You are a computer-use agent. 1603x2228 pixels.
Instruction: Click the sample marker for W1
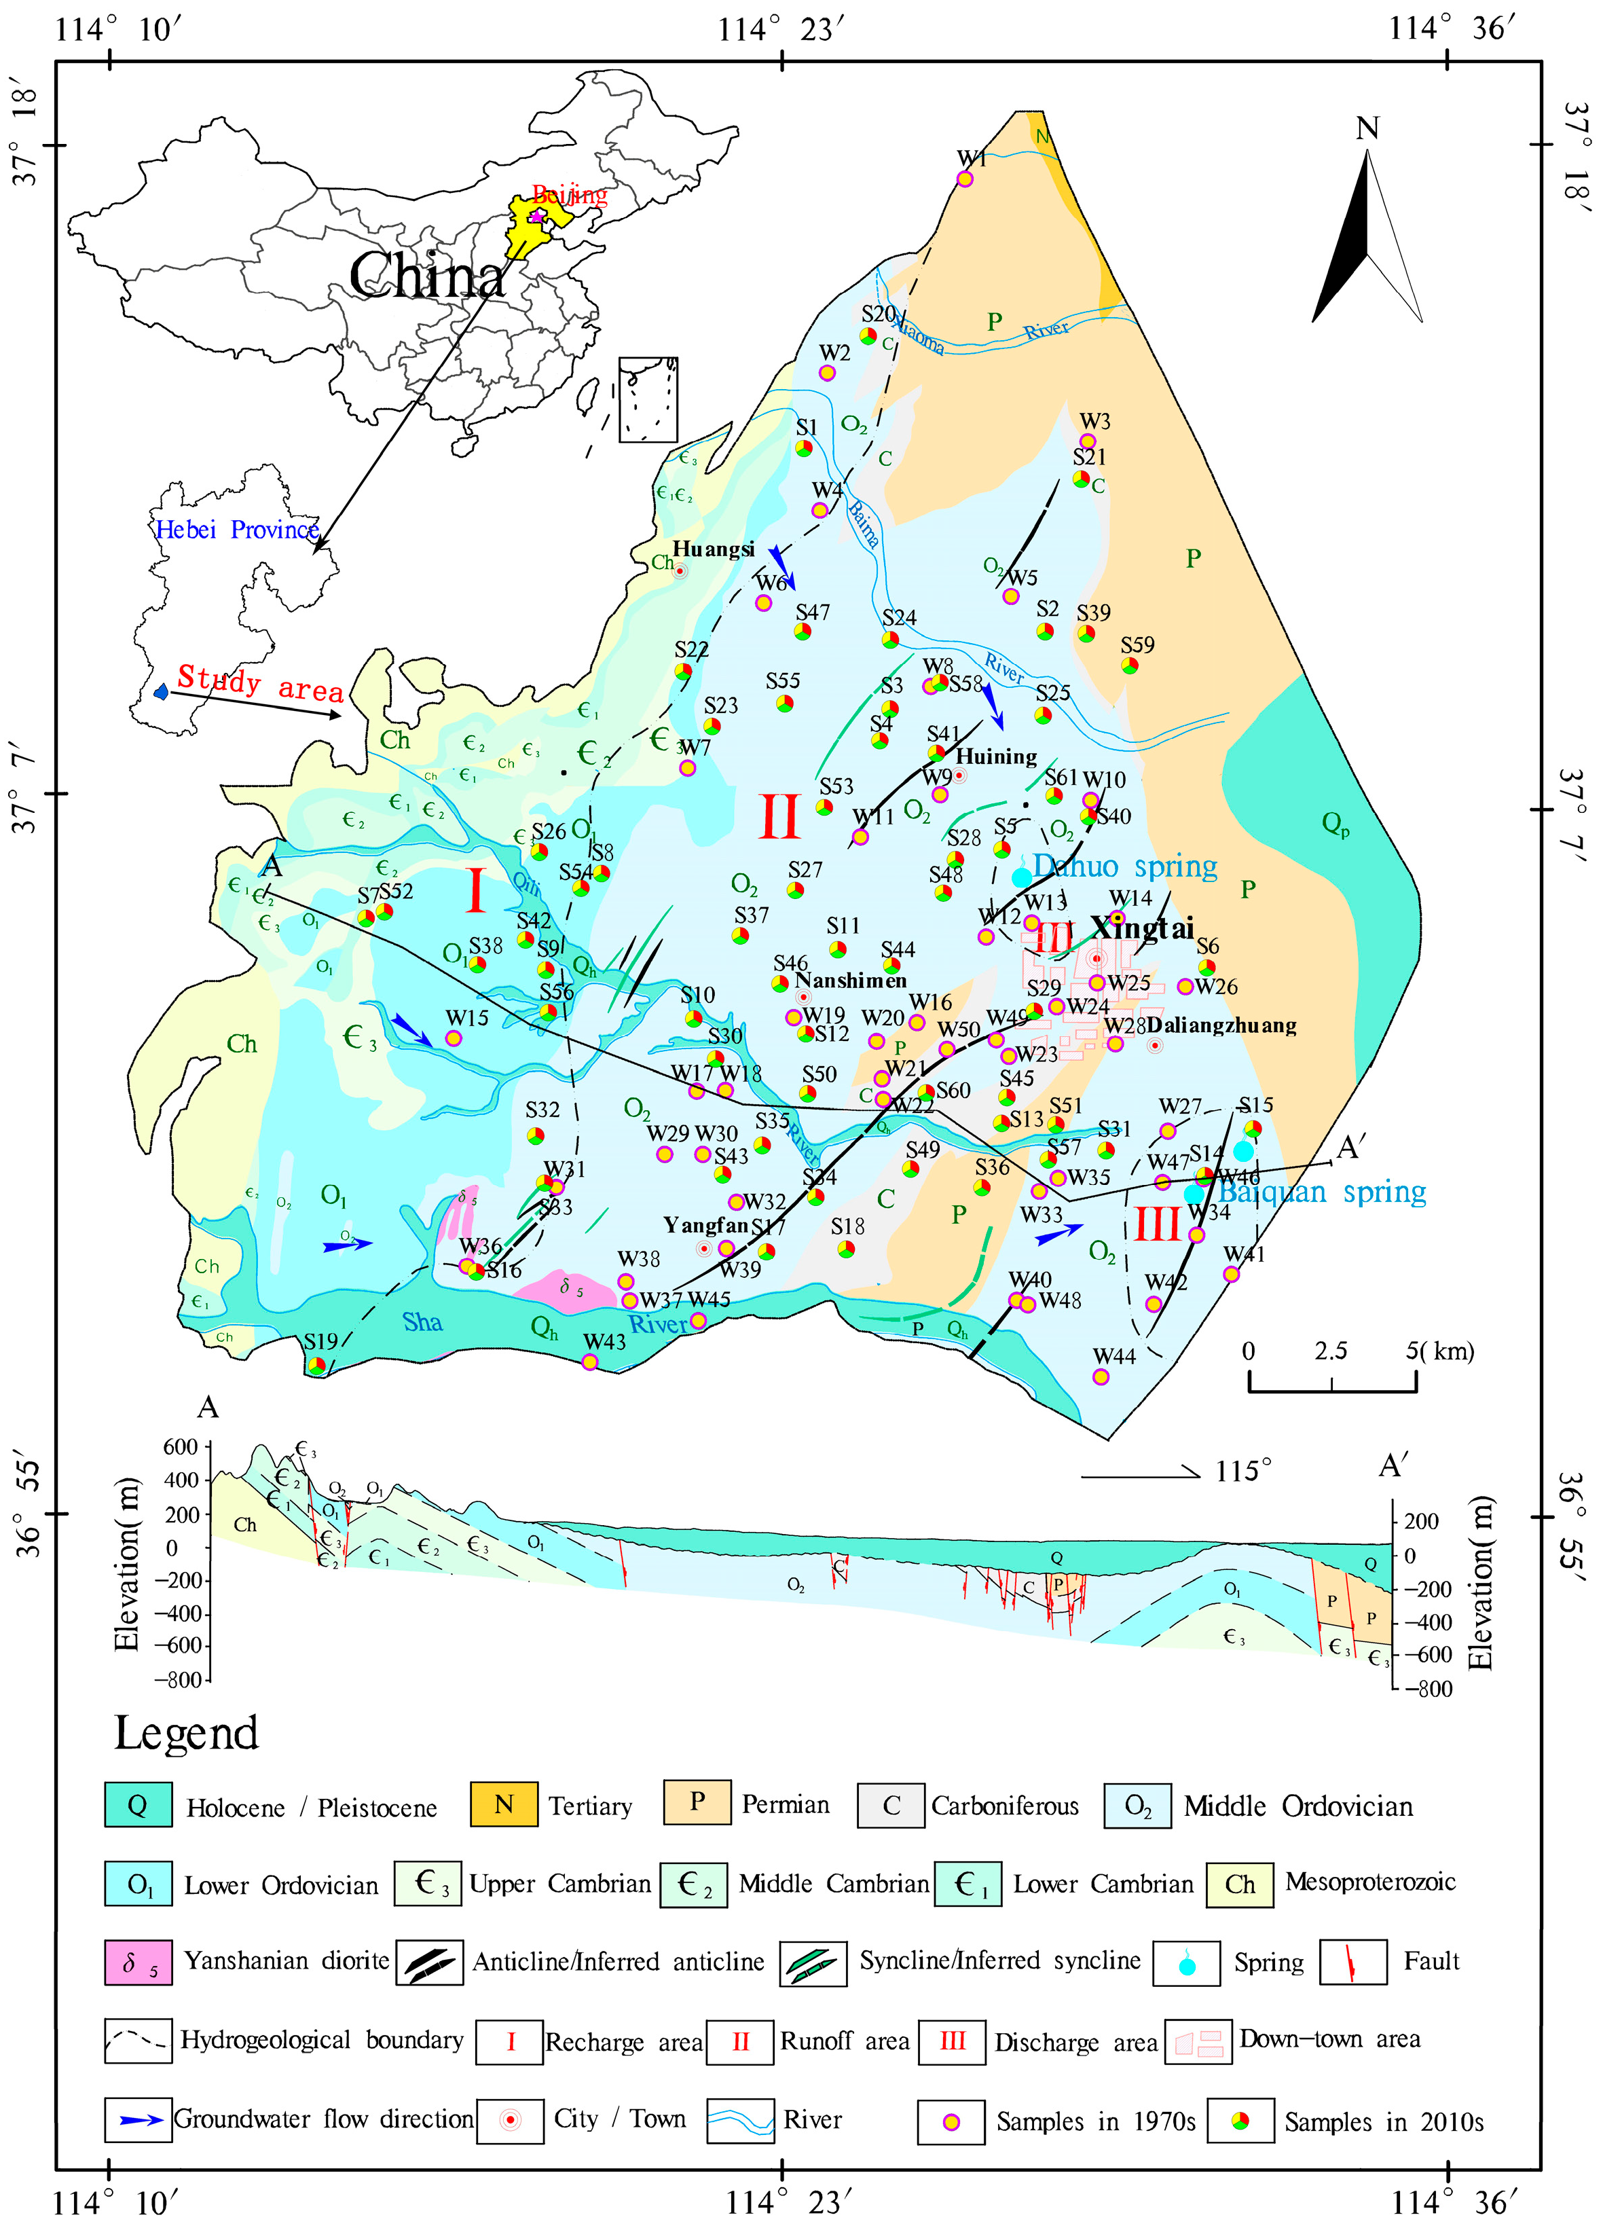click(965, 179)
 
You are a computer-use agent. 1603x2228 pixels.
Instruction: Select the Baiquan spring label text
click(1322, 1192)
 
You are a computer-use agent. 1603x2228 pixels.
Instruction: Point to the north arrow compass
click(1367, 236)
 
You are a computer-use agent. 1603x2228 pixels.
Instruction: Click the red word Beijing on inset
click(570, 194)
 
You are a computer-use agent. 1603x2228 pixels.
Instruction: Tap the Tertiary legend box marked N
click(504, 1804)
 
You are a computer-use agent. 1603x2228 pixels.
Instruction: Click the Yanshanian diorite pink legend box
click(139, 1962)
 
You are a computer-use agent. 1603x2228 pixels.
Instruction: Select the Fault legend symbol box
click(1354, 1962)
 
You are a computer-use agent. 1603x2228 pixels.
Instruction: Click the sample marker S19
click(316, 1364)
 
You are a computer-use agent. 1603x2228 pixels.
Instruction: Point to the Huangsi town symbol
click(680, 571)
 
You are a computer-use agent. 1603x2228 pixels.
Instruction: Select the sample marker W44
click(1101, 1376)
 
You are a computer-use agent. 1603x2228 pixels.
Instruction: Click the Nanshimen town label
click(851, 981)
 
